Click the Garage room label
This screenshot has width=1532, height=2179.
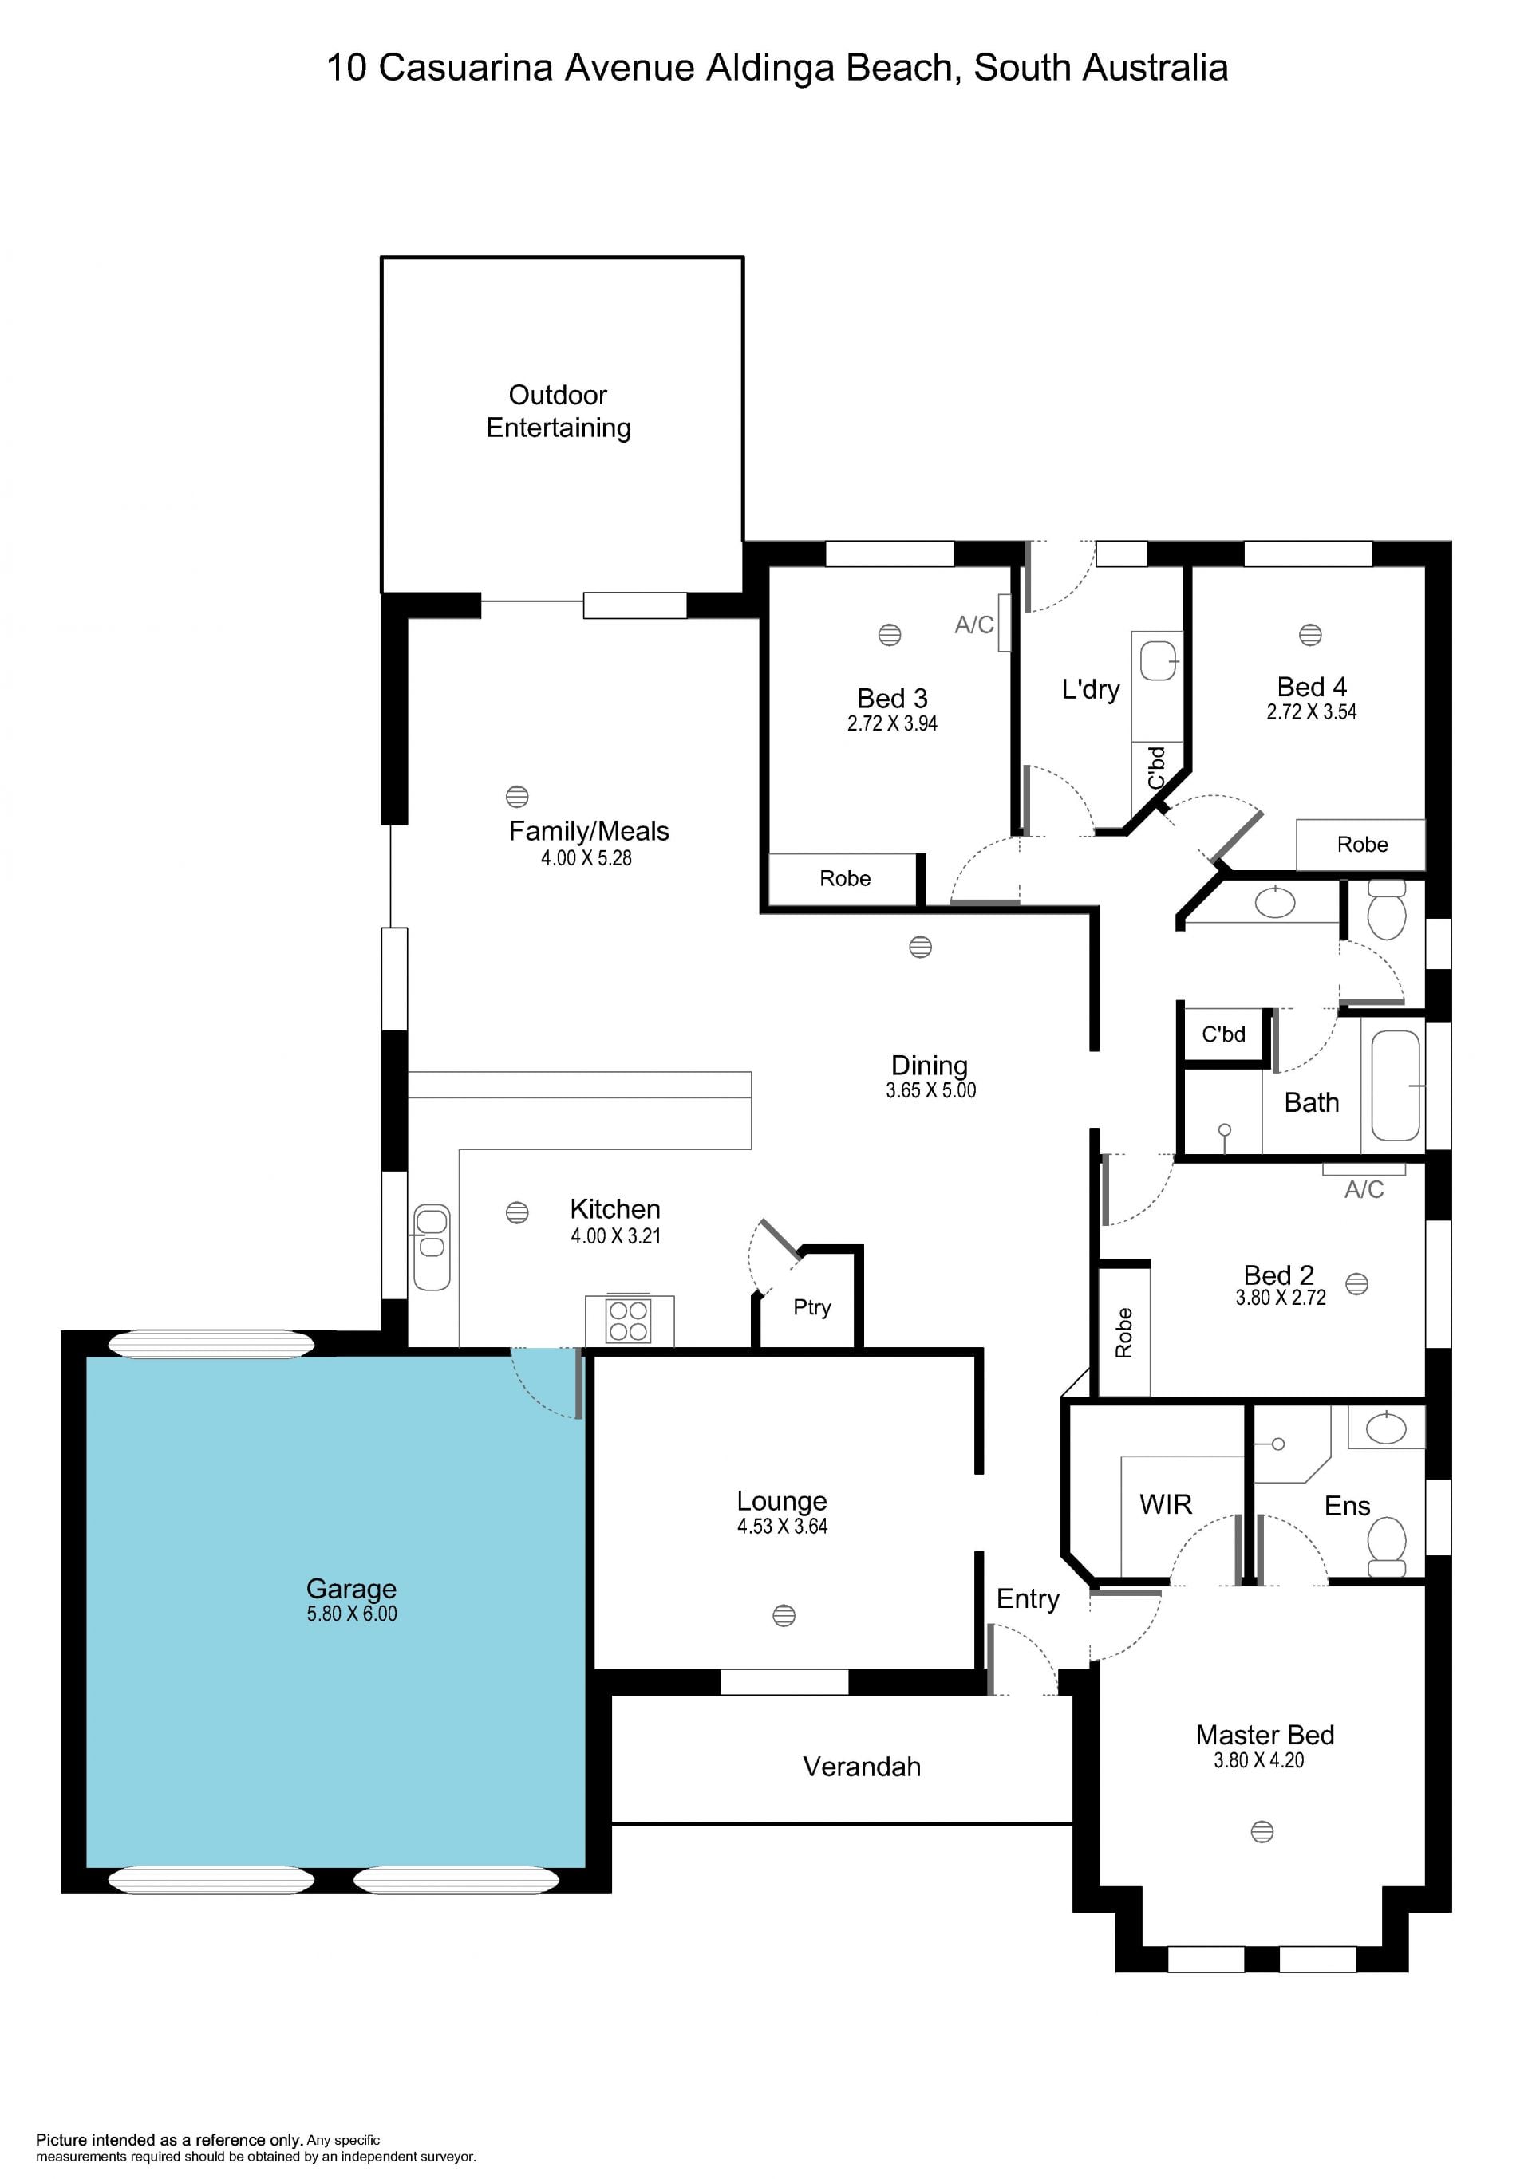click(x=351, y=1588)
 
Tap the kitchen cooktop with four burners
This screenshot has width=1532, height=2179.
click(x=629, y=1320)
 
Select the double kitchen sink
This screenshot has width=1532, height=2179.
click(x=432, y=1247)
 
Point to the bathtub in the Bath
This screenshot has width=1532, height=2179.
click(x=1396, y=1086)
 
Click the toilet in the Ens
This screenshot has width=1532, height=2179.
click(x=1388, y=1547)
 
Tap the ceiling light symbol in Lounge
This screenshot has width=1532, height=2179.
click(x=784, y=1615)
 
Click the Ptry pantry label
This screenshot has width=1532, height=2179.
click(x=812, y=1308)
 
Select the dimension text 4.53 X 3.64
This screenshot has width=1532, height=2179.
click(x=783, y=1526)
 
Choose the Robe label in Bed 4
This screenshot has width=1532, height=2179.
click(x=1362, y=845)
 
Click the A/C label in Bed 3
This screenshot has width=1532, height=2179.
click(x=974, y=625)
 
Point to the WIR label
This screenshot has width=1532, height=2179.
click(x=1166, y=1504)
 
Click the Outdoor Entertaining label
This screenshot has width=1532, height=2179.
click(x=558, y=411)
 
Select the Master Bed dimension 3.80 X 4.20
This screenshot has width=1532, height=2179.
click(x=1258, y=1760)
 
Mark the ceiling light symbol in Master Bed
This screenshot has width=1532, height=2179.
click(x=1262, y=1831)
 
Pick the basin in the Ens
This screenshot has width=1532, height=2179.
click(x=1386, y=1428)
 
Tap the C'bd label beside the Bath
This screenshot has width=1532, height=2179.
click(x=1223, y=1034)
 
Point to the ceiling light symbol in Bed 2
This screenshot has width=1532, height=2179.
click(x=1357, y=1284)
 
